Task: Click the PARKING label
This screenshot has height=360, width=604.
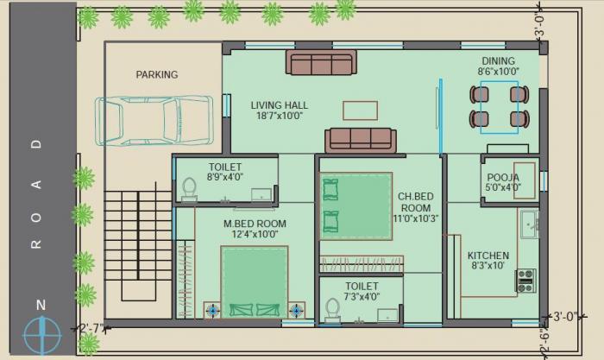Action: [156, 74]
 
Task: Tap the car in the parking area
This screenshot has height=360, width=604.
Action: [154, 119]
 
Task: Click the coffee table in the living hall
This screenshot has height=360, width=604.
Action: [360, 111]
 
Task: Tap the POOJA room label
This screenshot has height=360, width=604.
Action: [503, 181]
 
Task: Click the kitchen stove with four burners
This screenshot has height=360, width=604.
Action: [525, 280]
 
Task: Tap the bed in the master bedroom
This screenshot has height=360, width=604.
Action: [255, 281]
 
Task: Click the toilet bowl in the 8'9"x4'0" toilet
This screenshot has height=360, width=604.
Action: [189, 189]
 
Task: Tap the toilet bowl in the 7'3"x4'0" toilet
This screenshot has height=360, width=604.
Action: [332, 308]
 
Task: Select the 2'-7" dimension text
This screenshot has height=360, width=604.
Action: [91, 329]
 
